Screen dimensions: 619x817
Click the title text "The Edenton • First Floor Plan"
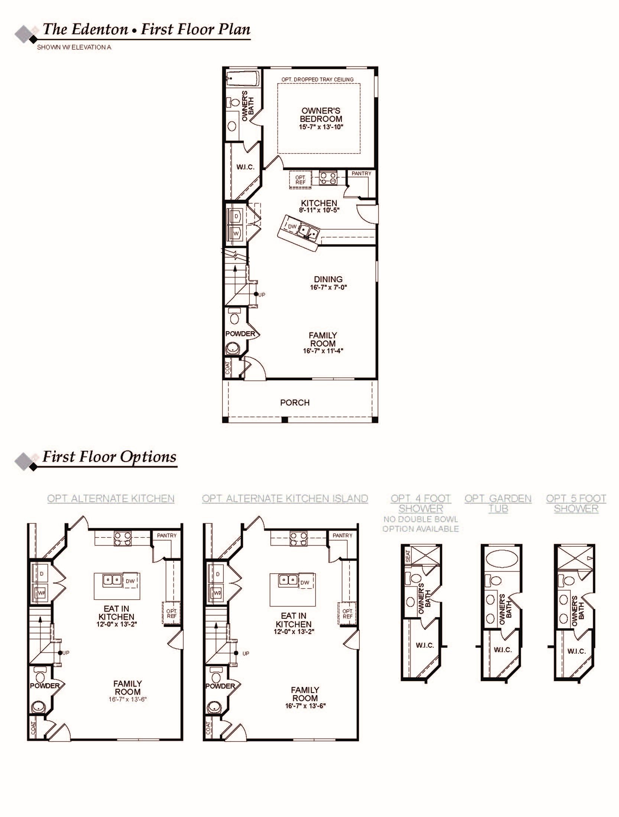click(146, 29)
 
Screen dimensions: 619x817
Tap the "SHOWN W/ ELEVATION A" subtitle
click(74, 47)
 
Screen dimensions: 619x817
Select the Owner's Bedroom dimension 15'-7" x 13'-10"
click(321, 127)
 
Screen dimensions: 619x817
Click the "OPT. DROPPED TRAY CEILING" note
click(317, 79)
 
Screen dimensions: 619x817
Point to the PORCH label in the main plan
click(295, 403)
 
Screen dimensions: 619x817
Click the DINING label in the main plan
click(328, 279)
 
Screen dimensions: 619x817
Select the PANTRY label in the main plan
click(362, 173)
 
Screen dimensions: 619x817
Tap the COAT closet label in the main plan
click(228, 368)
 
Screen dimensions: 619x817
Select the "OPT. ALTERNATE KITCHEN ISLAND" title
click(285, 498)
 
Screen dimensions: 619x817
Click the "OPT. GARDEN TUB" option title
click(498, 504)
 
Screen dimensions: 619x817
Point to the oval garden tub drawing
click(501, 558)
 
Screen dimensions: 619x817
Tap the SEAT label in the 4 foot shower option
click(408, 556)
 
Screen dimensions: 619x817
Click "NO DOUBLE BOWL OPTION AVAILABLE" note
click(421, 524)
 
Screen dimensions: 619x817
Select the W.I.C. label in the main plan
click(245, 167)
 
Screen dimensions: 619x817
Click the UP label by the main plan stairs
click(262, 295)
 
